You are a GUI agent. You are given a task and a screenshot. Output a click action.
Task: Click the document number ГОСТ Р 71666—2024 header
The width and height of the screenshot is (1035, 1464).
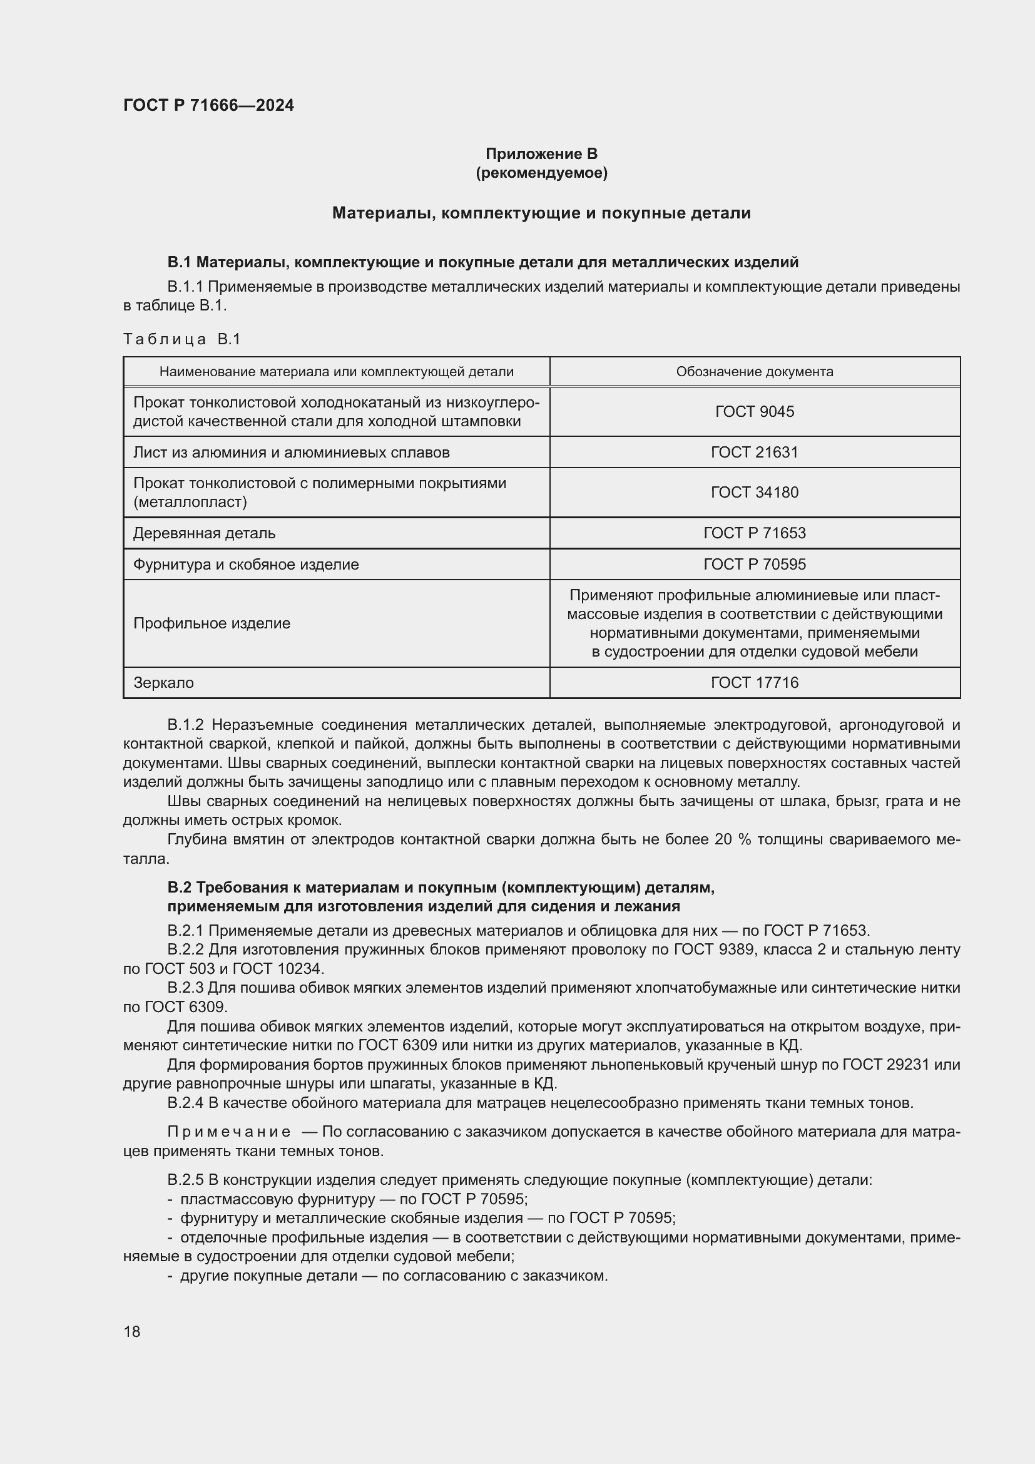pyautogui.click(x=208, y=105)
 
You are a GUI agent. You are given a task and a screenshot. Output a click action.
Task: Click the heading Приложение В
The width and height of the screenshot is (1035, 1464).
pyautogui.click(x=541, y=154)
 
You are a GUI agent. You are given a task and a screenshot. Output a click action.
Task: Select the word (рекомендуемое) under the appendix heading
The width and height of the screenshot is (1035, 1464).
pyautogui.click(x=541, y=173)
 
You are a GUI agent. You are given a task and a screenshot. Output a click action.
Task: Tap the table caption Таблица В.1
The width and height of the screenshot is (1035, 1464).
pyautogui.click(x=181, y=339)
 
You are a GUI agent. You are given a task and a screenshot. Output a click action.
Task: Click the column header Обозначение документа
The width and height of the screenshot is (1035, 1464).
pyautogui.click(x=755, y=372)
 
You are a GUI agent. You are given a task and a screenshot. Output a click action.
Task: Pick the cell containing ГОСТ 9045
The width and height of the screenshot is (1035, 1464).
pyautogui.click(x=755, y=412)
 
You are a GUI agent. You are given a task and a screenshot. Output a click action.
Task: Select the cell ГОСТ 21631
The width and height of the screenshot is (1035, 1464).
pyautogui.click(x=755, y=453)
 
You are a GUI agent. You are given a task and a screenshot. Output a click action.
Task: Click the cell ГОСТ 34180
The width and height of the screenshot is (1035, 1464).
pyautogui.click(x=755, y=492)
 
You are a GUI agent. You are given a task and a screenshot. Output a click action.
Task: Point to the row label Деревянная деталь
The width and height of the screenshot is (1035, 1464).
pyautogui.click(x=204, y=533)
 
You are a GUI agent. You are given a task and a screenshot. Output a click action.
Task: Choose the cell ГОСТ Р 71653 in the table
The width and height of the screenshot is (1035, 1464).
pyautogui.click(x=755, y=533)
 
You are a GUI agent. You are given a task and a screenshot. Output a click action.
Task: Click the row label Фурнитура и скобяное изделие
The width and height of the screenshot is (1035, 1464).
pyautogui.click(x=246, y=565)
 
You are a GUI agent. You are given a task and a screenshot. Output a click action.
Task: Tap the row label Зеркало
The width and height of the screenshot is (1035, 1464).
pyautogui.click(x=163, y=683)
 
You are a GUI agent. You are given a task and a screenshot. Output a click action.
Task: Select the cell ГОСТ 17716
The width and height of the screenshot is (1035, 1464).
pyautogui.click(x=755, y=683)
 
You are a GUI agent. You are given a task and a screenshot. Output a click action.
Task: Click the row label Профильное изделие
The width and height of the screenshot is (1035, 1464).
pyautogui.click(x=212, y=623)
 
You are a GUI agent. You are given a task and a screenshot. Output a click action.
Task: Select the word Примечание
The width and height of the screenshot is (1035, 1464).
pyautogui.click(x=229, y=1132)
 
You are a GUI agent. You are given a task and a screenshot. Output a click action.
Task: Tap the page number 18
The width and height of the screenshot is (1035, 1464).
pyautogui.click(x=132, y=1332)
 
